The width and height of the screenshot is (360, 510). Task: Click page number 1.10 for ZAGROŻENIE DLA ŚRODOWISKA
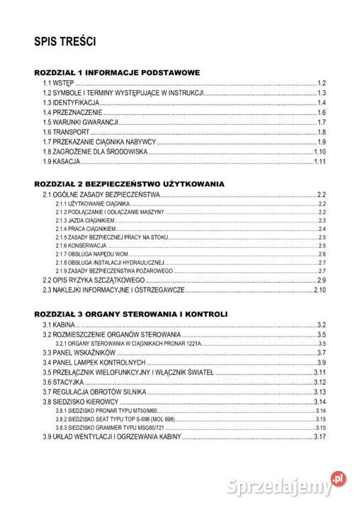tap(319, 152)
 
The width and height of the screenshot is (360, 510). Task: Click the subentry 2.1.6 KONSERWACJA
tap(81, 245)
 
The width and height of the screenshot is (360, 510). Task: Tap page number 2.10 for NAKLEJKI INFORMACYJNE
tap(319, 290)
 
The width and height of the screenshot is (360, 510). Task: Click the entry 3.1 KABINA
tap(63, 324)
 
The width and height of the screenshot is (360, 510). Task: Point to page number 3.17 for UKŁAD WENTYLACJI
tap(319, 436)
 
